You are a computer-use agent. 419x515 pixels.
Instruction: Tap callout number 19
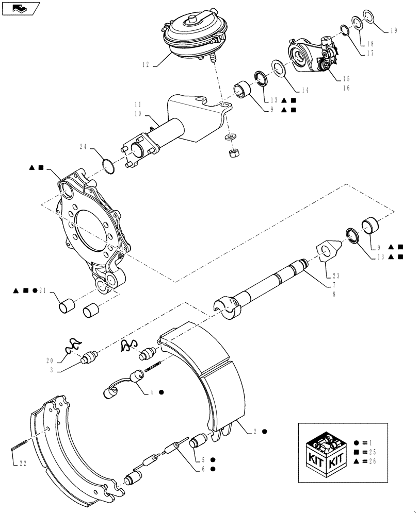(x=393, y=30)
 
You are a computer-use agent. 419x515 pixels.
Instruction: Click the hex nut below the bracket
(x=232, y=152)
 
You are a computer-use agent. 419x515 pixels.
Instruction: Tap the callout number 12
(x=146, y=65)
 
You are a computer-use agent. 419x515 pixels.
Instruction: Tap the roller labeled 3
(x=90, y=356)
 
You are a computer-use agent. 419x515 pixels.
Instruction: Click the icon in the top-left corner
(x=20, y=8)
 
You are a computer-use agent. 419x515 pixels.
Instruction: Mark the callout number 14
(x=305, y=90)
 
